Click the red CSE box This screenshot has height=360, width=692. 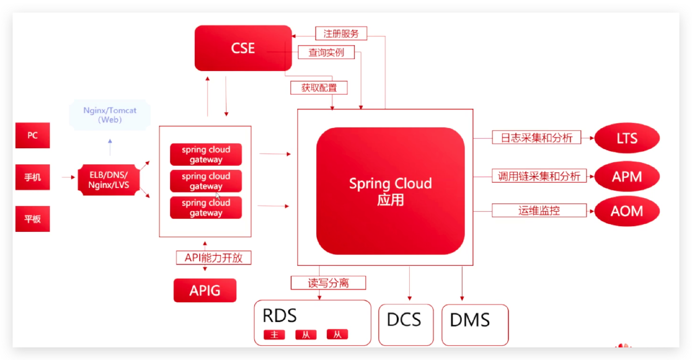[243, 48]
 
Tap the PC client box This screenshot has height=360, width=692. [32, 135]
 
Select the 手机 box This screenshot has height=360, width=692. [32, 177]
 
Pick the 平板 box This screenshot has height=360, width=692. [32, 219]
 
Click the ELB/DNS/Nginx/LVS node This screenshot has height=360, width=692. [109, 180]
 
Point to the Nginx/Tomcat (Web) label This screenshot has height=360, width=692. [110, 115]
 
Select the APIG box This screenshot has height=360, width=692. [205, 290]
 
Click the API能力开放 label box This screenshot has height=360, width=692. [214, 258]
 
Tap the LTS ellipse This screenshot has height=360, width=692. [627, 138]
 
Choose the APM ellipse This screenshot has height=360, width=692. [627, 177]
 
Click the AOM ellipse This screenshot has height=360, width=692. [627, 211]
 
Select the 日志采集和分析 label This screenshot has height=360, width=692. [537, 137]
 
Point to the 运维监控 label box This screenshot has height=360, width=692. [539, 210]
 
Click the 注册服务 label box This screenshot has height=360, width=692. [341, 34]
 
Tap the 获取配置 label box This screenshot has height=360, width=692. [319, 88]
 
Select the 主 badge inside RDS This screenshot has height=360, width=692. [274, 335]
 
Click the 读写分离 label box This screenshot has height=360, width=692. [328, 283]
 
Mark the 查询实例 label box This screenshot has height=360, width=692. [326, 52]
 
